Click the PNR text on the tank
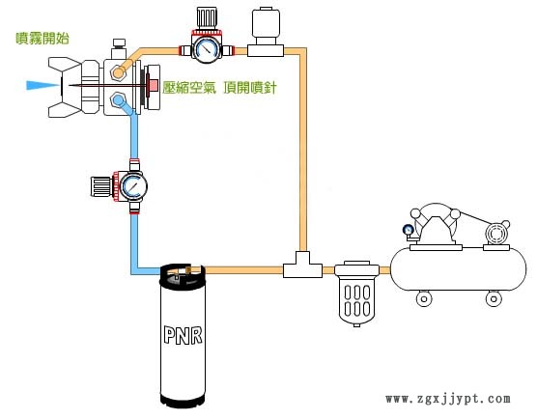[x=184, y=335]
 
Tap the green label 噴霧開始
[x=42, y=38]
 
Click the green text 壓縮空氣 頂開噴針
[x=219, y=88]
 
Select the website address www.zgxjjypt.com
[x=448, y=399]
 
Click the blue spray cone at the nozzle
[x=42, y=85]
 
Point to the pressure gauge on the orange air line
[x=206, y=50]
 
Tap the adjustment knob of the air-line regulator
[x=207, y=18]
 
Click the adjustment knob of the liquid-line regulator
[x=101, y=186]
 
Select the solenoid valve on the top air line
[x=266, y=32]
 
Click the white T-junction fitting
[x=302, y=266]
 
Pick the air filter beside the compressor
[x=356, y=294]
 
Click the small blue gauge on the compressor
[x=408, y=230]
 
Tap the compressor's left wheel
[x=424, y=298]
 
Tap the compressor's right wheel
[x=494, y=298]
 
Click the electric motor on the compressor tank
[x=496, y=234]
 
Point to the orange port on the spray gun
[x=118, y=72]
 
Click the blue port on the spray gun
[x=118, y=100]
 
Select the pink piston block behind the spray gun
[x=152, y=86]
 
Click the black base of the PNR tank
[x=184, y=400]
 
